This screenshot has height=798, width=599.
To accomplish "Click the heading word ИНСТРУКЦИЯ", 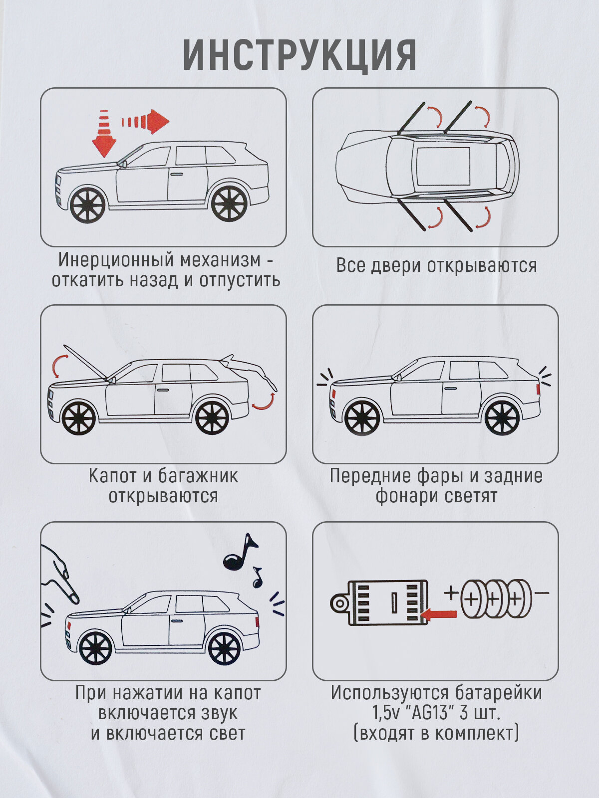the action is (299, 54).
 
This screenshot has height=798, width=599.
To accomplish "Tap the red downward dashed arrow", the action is (104, 135).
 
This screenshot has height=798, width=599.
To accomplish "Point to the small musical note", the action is (257, 578).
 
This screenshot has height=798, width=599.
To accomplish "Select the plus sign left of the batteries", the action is (451, 593).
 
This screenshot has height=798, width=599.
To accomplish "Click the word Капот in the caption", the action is (113, 476).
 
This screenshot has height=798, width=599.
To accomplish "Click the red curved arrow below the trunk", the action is (264, 402).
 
